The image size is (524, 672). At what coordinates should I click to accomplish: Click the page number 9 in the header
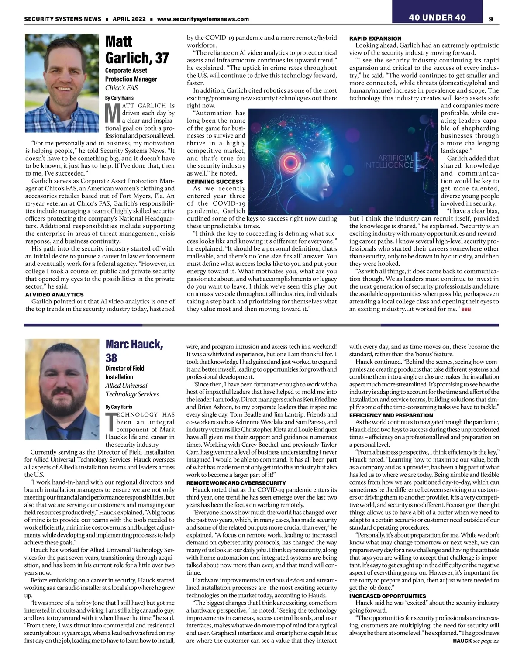pos(491,19)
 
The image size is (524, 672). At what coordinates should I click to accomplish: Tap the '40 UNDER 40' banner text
pos(437,17)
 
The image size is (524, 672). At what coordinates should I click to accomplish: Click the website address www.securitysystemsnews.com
pos(203,19)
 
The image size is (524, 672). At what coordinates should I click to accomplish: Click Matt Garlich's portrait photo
pos(62,83)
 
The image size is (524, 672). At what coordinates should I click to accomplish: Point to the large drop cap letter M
pos(113,113)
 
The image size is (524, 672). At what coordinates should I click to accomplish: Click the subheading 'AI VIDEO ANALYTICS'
pos(54,295)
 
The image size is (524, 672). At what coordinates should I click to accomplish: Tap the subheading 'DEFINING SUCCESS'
pos(215,182)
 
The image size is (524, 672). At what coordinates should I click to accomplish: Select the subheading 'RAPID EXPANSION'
pos(375,38)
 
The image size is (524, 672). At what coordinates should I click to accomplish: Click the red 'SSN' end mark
pos(466,310)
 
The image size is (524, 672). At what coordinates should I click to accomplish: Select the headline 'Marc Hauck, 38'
pos(134,351)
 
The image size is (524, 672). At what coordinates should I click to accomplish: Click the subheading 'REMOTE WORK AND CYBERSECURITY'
pos(236,483)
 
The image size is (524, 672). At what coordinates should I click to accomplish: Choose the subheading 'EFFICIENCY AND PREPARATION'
pos(391,415)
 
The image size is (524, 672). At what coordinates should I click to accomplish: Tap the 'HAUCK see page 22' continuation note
pos(476,641)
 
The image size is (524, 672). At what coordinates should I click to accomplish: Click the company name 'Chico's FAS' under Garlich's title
pos(121,88)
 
